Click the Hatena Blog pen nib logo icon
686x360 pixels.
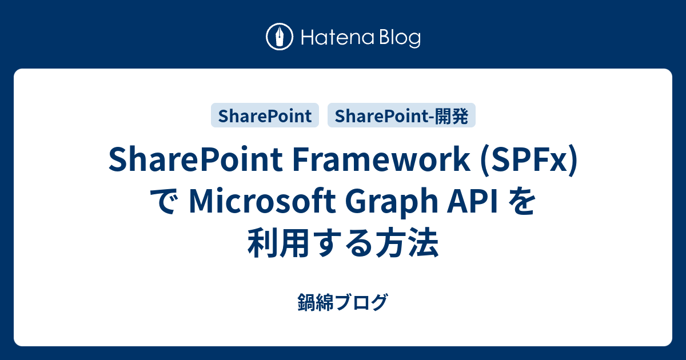coord(280,38)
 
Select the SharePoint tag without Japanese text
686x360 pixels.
coord(265,116)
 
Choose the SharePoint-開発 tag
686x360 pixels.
coord(401,116)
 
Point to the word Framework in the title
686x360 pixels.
coord(379,162)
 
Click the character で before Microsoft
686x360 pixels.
coord(165,203)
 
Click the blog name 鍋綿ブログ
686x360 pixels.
coord(343,302)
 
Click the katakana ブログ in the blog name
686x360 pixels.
coord(361,302)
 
